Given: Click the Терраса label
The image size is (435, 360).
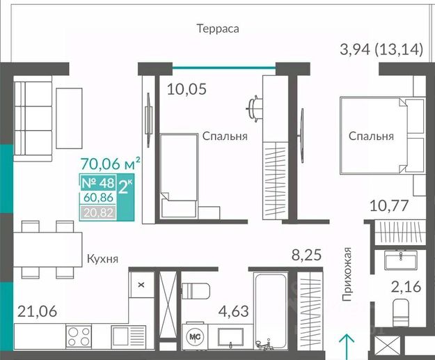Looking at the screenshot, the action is click(218, 29).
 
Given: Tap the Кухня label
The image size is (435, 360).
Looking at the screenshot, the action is click(102, 259).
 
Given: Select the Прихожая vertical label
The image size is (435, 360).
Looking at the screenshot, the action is click(347, 274).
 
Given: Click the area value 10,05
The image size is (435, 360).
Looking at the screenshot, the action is click(187, 89).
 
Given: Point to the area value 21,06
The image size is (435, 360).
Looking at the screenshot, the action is click(37, 311).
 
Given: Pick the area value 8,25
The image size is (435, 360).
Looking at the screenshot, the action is click(306, 255).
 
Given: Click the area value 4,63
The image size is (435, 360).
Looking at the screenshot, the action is click(233, 311).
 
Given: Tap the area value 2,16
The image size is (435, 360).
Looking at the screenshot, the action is click(406, 287).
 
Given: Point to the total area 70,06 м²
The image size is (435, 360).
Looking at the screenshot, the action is click(110, 164).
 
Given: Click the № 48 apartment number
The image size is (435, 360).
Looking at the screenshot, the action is click(98, 183).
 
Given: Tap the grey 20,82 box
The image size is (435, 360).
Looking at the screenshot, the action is click(98, 212).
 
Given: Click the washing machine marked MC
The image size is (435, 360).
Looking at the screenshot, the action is click(195, 337).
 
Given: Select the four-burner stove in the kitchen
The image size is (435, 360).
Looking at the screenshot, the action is click(79, 336).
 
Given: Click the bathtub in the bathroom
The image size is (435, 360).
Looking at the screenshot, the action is click(270, 311).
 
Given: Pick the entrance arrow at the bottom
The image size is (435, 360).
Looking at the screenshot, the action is click(347, 346).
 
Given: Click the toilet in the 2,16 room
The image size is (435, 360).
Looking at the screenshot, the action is click(401, 313).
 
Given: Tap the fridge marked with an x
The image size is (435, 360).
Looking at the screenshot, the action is click(141, 285).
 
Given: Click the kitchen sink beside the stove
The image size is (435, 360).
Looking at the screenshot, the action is click(129, 336).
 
